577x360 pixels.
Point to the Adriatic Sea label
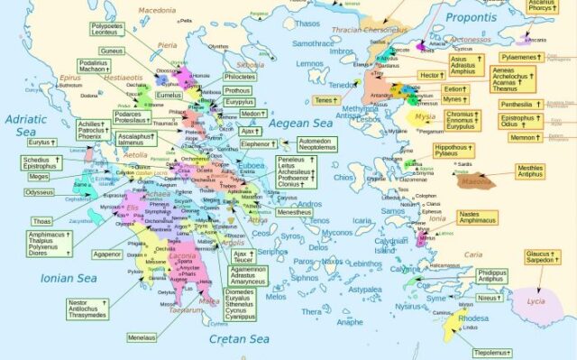pos(24,127)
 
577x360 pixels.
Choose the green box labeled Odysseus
pos(39,192)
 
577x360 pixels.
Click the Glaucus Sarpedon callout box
pos(544,257)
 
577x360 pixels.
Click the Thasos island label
pos(309,24)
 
